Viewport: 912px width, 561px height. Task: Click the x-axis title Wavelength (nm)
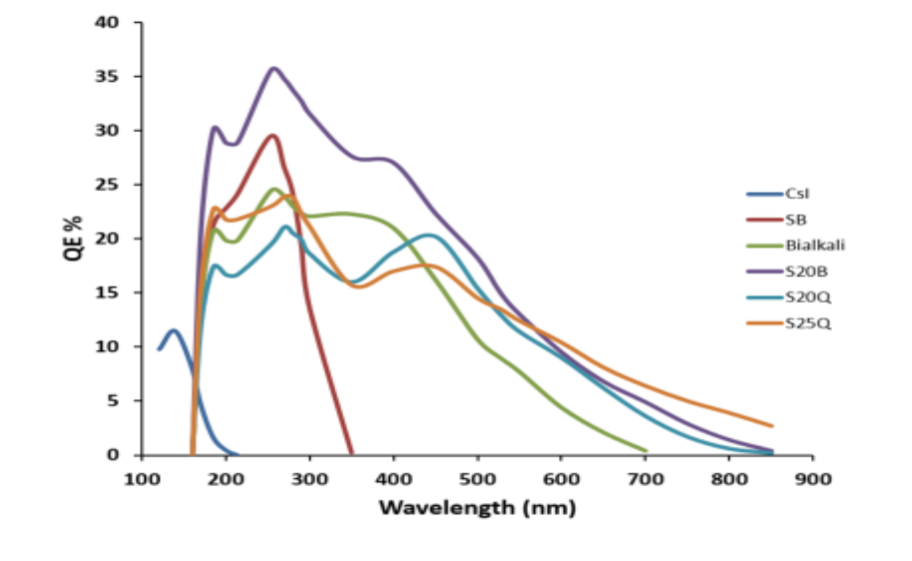477,507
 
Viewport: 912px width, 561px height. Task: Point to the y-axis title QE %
74,239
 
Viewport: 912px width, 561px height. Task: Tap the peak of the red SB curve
271,136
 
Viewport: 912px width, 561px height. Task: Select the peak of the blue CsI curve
174,330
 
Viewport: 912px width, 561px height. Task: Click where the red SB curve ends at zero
351,453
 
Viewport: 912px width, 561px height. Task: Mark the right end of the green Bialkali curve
646,450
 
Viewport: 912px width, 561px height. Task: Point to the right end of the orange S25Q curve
771,425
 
